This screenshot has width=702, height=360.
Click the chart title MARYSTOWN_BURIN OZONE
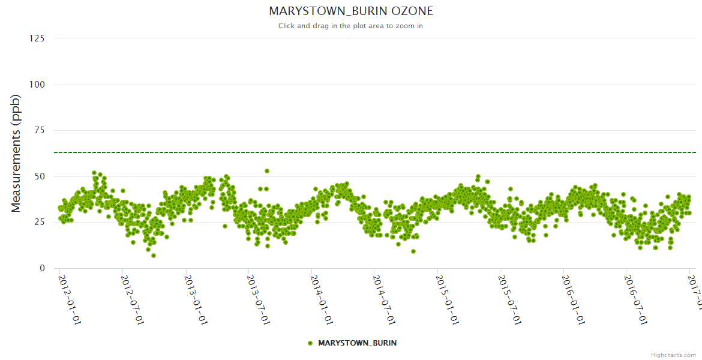[350, 11]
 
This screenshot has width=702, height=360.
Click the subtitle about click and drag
[350, 26]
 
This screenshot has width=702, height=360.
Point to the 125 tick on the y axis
[37, 38]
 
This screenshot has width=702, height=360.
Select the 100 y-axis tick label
[37, 85]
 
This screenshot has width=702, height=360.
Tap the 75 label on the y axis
[39, 131]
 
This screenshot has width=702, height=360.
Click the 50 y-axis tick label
[39, 176]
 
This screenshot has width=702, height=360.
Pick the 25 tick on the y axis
[39, 223]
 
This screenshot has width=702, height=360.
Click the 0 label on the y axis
[42, 268]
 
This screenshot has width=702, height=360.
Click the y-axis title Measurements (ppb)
[16, 154]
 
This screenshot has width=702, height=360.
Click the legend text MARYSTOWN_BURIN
[357, 343]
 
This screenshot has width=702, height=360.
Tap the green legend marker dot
[310, 343]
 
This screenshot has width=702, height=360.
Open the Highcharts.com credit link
[673, 355]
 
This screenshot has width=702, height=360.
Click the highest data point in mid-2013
[267, 171]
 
